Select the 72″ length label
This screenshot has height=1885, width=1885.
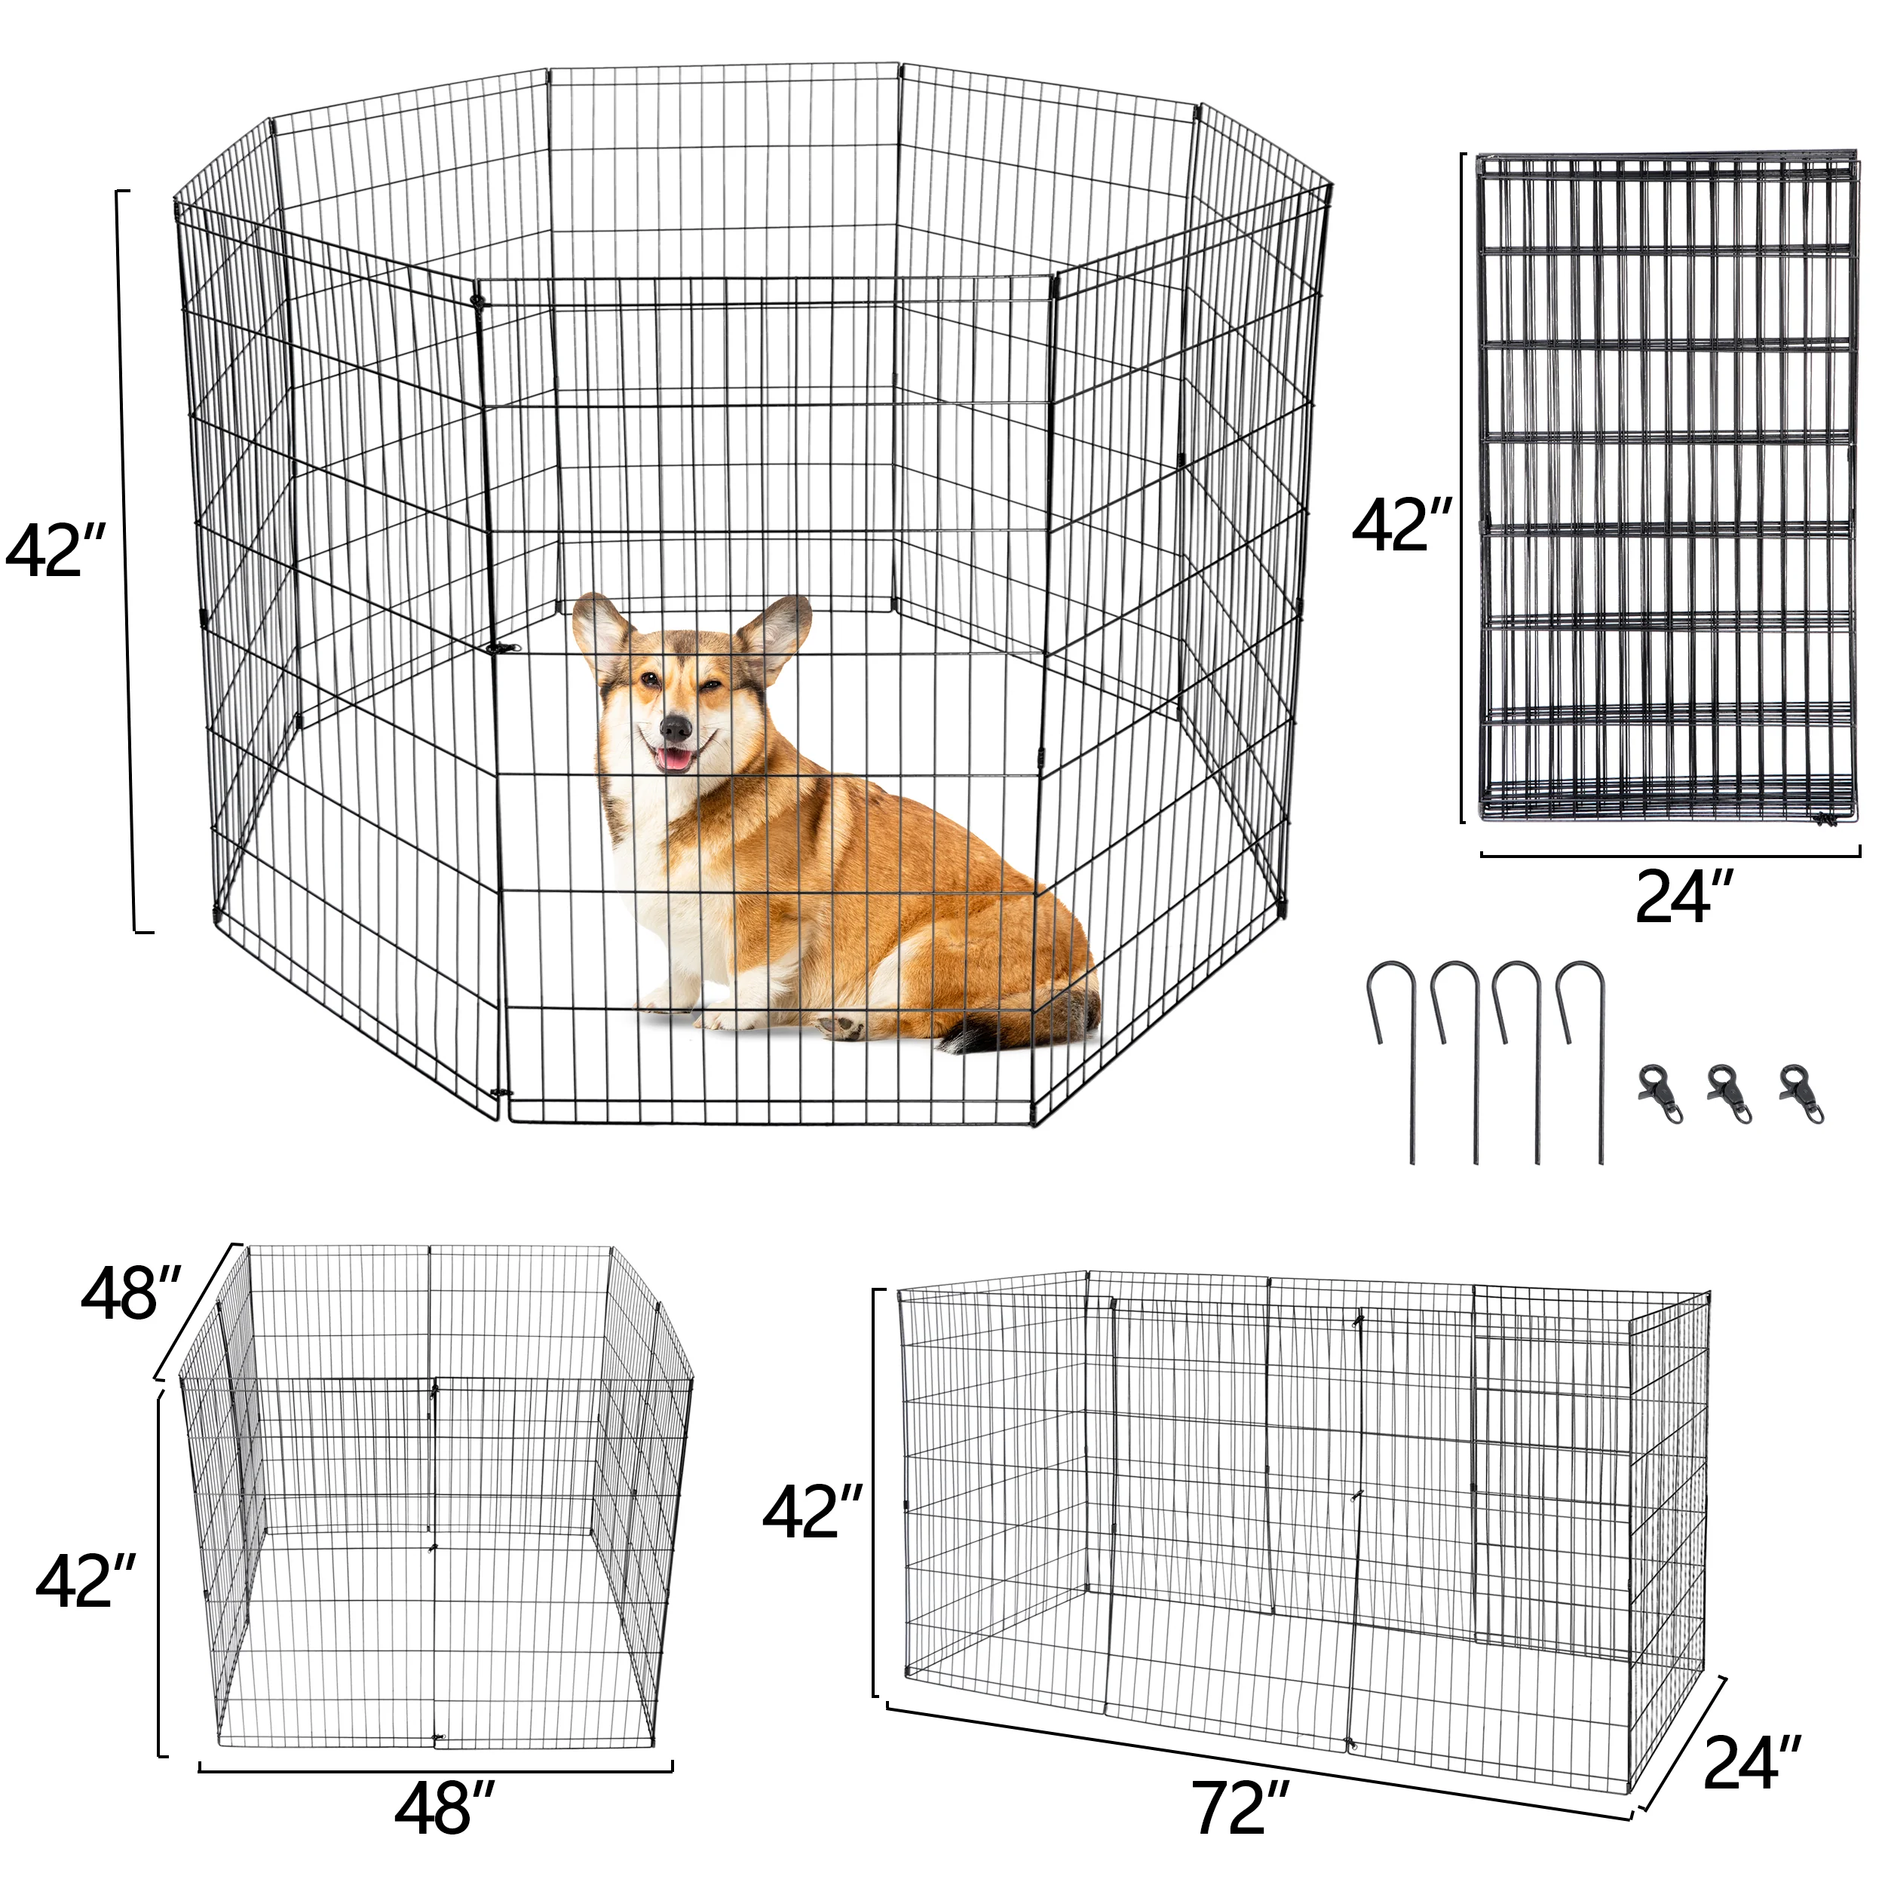(x=1240, y=1808)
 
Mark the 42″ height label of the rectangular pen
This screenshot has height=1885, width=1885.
(x=813, y=1513)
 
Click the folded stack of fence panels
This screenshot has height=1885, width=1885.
(x=1666, y=487)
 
